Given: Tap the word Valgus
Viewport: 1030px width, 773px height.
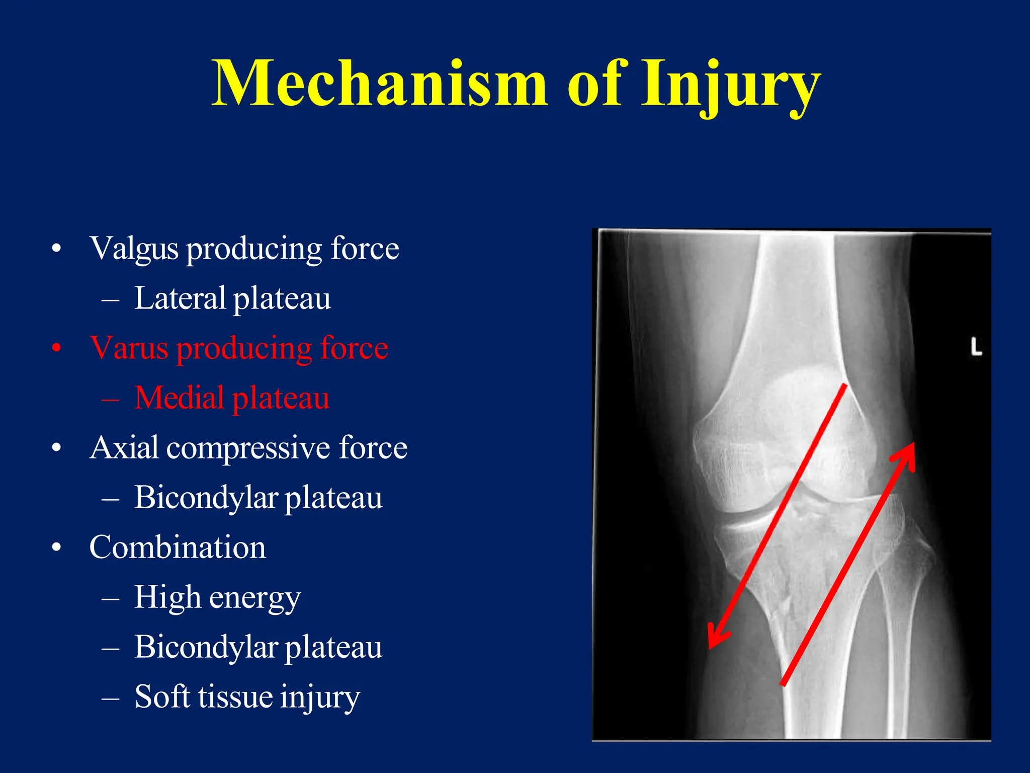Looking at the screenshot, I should click(x=134, y=249).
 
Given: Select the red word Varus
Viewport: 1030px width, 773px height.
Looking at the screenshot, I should click(x=129, y=348).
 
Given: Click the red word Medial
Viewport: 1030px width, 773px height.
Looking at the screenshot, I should click(x=179, y=398).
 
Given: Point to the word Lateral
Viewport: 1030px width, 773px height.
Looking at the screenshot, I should click(x=180, y=298).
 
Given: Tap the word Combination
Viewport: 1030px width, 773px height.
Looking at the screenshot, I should click(x=178, y=547).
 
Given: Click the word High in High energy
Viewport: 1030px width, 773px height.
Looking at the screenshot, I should click(x=167, y=597).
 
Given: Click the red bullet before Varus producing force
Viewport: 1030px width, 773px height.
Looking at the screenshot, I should click(x=57, y=348).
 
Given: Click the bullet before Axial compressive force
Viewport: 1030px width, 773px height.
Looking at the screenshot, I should click(x=57, y=447).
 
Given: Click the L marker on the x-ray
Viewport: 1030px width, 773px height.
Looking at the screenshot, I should click(x=976, y=348).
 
